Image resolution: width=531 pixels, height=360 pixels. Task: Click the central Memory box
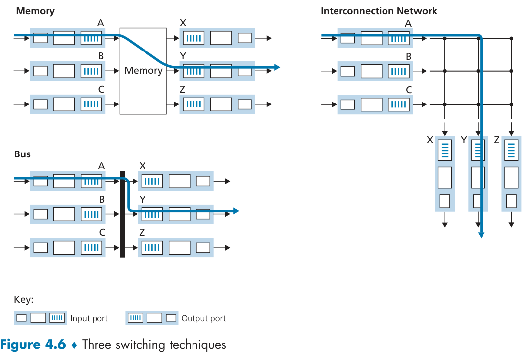coord(143,71)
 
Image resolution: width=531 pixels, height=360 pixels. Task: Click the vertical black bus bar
coord(122,214)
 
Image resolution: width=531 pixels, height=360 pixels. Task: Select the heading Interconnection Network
coord(379,11)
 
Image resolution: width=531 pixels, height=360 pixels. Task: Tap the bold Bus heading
coord(22,154)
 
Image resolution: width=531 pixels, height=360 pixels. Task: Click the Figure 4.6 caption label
coord(34,345)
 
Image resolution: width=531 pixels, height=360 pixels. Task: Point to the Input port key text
coord(89,318)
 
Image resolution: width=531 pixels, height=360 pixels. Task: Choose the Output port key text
coord(203,318)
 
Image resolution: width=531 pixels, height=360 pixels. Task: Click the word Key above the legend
coord(24,300)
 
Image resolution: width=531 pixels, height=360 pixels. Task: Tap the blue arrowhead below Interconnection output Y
coord(481,235)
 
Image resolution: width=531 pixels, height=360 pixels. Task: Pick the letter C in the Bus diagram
coord(102,232)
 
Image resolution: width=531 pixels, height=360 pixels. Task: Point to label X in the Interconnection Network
coord(430,140)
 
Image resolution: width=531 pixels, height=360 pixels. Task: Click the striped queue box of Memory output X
coord(193,38)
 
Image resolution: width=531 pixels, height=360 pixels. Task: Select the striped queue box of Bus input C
coord(91,248)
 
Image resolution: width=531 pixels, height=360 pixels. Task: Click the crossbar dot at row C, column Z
coord(511,104)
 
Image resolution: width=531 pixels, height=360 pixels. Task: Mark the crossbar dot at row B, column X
coord(445,71)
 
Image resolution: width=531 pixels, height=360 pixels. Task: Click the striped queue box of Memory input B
coord(91,71)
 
